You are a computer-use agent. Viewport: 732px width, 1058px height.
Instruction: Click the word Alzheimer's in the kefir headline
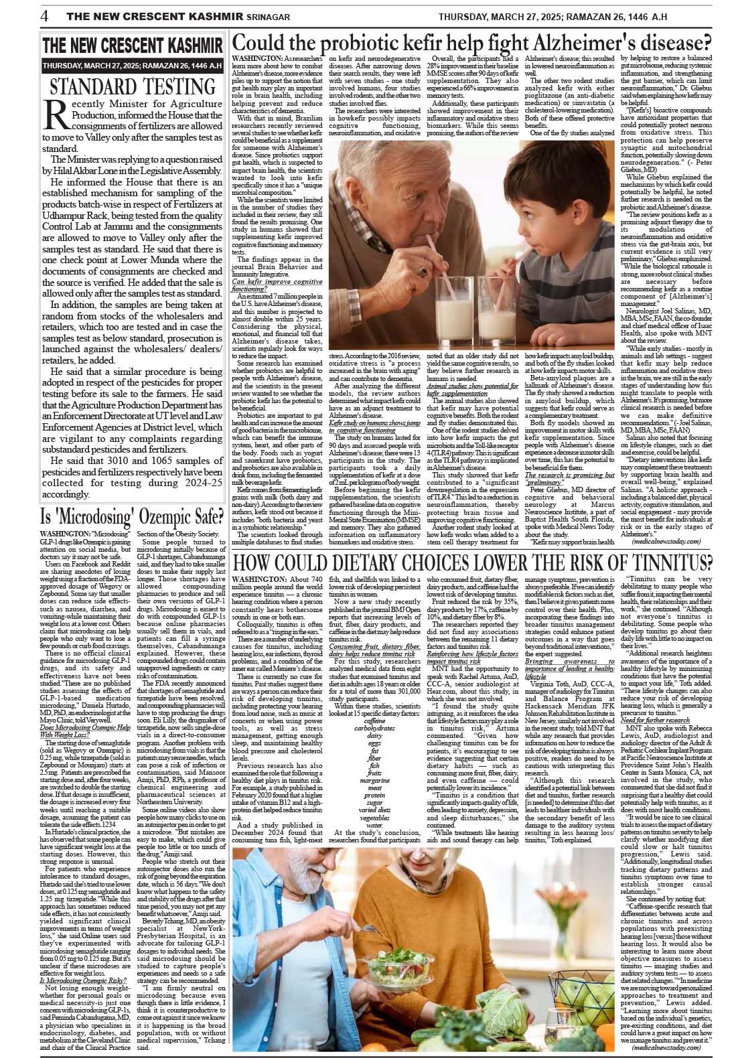(581, 43)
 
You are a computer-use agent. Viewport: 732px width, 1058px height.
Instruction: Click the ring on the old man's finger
(422, 272)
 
